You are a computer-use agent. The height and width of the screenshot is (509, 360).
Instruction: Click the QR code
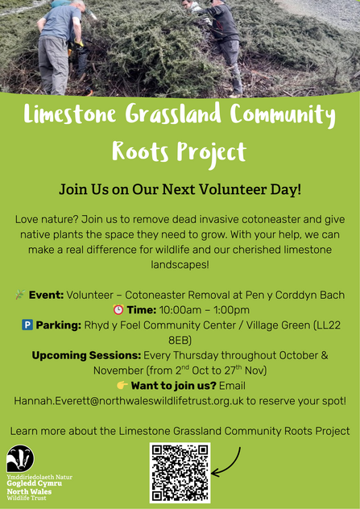180,473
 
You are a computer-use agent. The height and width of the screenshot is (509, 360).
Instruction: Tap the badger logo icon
20,459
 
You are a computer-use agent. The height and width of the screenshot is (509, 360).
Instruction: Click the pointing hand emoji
122,385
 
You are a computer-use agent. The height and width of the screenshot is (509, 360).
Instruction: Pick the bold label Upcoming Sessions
86,355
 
